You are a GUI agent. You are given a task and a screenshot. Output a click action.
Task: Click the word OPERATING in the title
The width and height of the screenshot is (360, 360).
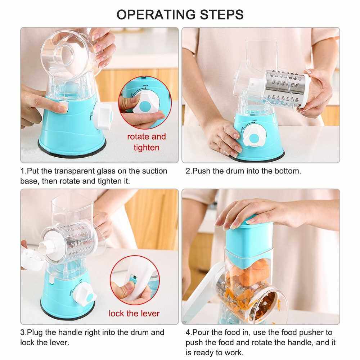point(157,14)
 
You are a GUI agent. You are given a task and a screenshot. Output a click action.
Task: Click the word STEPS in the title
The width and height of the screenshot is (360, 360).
point(222,14)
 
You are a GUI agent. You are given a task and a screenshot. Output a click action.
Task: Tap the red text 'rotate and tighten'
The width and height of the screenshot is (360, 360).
point(147,142)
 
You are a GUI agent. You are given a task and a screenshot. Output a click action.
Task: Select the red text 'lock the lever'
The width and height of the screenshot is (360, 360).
point(134,314)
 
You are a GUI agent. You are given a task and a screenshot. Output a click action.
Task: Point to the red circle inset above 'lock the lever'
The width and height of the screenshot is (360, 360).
point(135,280)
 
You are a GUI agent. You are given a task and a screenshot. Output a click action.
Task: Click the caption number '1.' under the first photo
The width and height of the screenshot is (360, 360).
point(23,171)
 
